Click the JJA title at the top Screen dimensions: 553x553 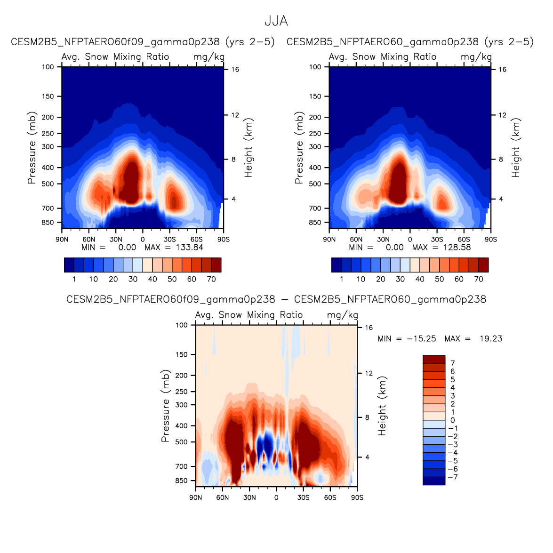point(276,21)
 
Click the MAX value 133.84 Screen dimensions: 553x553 point(190,248)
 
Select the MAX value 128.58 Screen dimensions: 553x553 point(457,248)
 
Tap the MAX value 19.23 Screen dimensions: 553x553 point(491,339)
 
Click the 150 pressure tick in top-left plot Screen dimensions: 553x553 point(48,96)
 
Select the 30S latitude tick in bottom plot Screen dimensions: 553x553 point(303,497)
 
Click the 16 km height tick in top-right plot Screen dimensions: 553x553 point(503,70)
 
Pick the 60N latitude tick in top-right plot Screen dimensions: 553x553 point(356,240)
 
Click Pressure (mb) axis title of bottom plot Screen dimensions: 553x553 point(165,406)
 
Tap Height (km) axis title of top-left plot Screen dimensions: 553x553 point(248,147)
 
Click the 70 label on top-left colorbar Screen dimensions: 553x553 point(211,279)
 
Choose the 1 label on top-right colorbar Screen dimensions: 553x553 point(342,279)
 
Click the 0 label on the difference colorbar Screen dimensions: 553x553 point(453,420)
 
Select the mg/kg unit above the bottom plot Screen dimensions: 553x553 point(343,315)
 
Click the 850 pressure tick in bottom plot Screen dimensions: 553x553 point(182,481)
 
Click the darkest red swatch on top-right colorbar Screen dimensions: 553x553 point(483,265)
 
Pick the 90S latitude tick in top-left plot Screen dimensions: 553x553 point(224,240)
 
